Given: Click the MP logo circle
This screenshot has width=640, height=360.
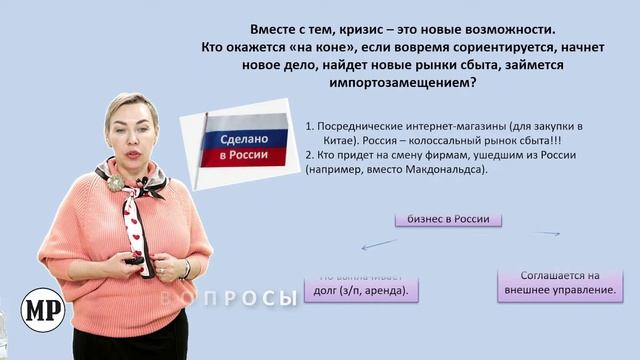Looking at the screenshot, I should (43, 310).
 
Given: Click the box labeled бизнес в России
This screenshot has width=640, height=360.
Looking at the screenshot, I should (448, 218).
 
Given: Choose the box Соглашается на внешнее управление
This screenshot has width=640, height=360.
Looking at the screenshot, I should (560, 284).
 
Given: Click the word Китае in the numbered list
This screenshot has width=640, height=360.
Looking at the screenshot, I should (325, 142).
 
